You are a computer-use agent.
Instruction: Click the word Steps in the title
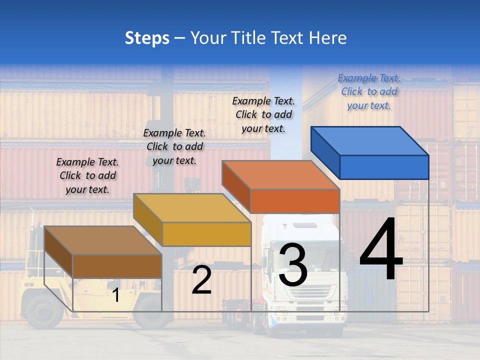point(147,38)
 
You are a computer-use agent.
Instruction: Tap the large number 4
point(381,250)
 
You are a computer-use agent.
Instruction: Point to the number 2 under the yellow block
point(201,280)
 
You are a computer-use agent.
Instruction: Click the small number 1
point(115,295)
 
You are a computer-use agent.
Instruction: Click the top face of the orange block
point(280,175)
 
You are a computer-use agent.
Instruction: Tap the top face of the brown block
point(103,240)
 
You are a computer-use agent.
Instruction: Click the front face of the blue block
point(384,167)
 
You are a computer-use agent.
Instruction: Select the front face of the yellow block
point(206,234)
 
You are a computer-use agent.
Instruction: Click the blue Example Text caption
point(369,91)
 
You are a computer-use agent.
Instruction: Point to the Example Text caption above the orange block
point(263,114)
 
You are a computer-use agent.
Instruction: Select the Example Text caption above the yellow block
point(174,146)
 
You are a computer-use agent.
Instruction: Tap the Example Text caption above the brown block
point(87,175)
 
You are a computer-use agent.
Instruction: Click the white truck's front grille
point(307,292)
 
